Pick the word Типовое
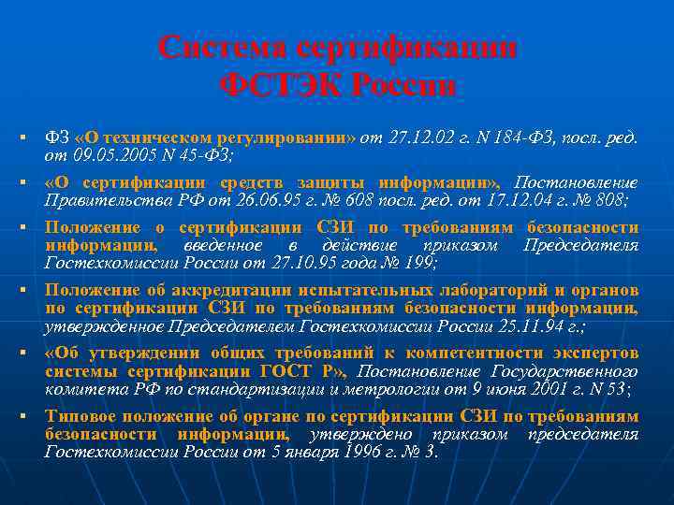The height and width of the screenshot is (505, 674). (x=78, y=417)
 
